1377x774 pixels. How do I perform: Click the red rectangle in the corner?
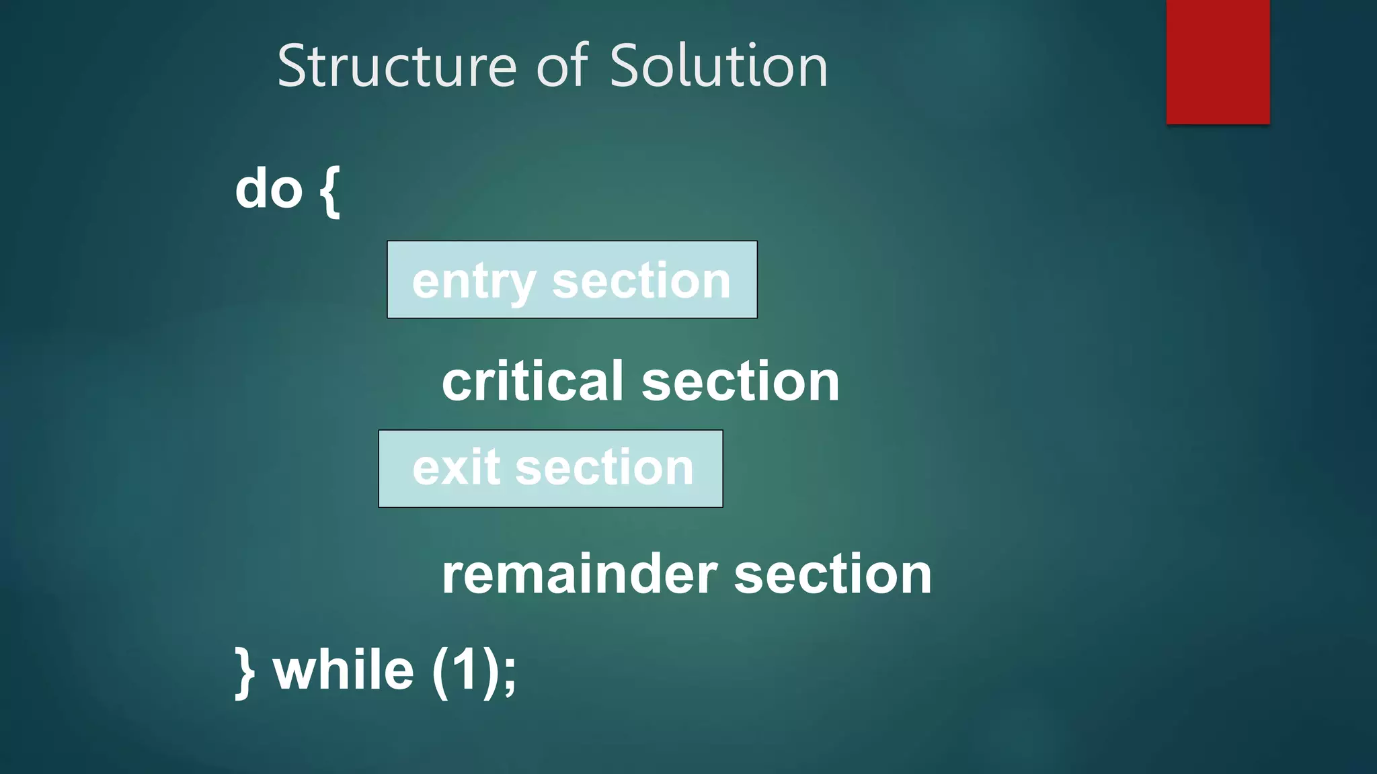coord(1218,62)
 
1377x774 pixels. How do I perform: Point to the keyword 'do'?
coord(269,189)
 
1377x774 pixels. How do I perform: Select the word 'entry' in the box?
coord(473,282)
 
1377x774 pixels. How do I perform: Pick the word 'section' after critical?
coord(740,382)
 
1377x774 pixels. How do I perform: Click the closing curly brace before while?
coord(245,672)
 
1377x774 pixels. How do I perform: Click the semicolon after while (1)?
coord(510,675)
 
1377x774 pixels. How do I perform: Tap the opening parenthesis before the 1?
coord(440,672)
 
